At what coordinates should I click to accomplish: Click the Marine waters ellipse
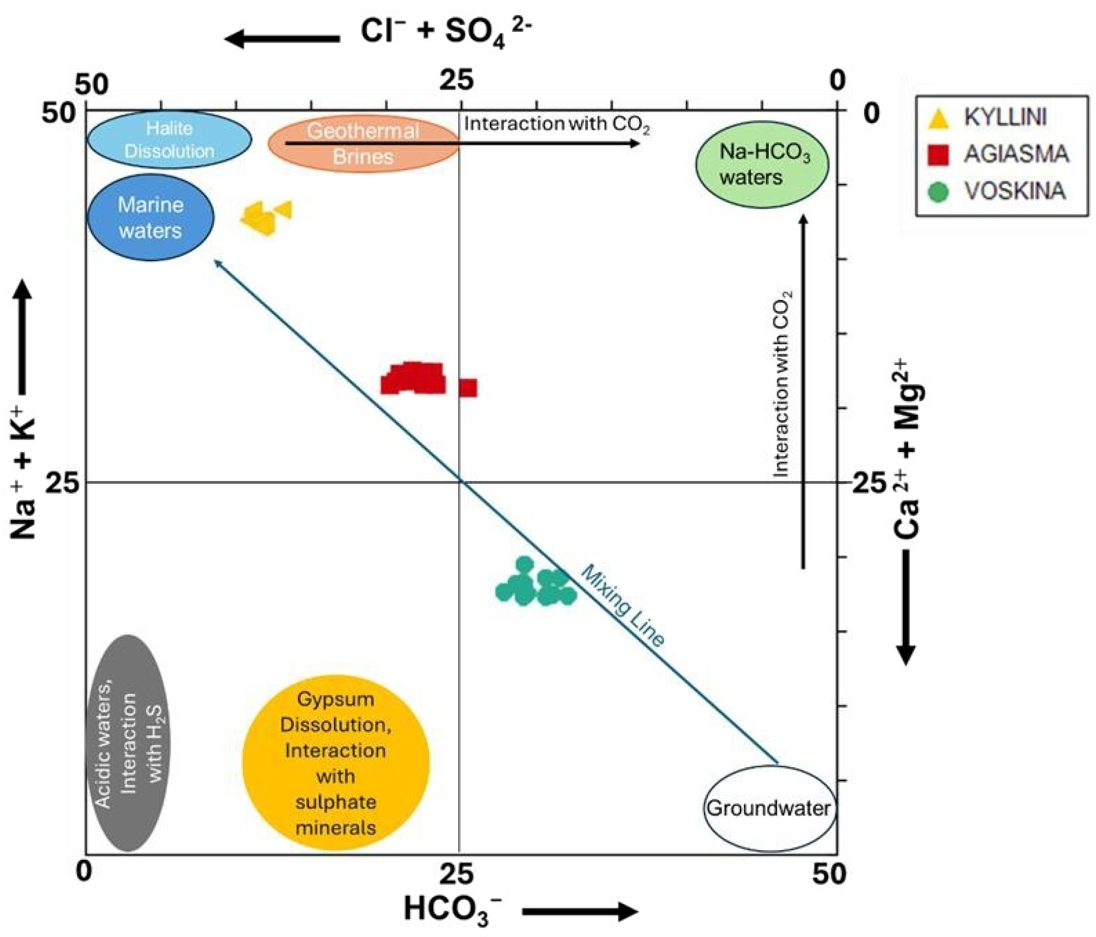[x=150, y=217]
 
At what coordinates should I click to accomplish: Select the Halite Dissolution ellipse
[x=169, y=140]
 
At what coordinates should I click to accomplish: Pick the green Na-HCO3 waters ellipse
[x=762, y=164]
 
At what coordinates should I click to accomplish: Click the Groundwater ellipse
[x=770, y=808]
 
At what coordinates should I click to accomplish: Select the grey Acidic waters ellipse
[x=130, y=743]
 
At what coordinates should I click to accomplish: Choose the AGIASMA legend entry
[x=1015, y=154]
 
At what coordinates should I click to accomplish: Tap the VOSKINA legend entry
[x=1014, y=191]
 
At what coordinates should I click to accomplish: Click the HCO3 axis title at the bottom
[x=453, y=909]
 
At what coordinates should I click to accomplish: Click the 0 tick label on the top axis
[x=837, y=81]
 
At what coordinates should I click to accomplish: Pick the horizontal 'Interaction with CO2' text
[x=557, y=125]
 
